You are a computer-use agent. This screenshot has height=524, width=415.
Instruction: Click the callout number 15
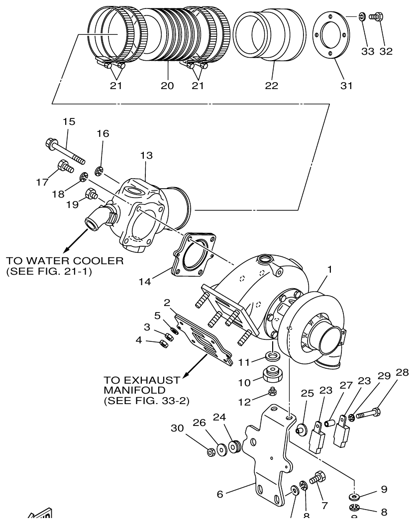pos(69,121)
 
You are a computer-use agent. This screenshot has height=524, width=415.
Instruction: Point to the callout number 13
pos(146,156)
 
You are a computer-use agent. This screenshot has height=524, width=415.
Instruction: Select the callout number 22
pos(273,86)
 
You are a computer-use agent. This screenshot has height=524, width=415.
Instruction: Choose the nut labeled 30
pos(211,452)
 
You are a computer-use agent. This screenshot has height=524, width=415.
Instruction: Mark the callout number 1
pos(329,270)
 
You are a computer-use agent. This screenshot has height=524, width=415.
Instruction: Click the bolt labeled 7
pos(316,478)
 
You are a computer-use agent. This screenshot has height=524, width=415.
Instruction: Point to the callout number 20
pos(167,86)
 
